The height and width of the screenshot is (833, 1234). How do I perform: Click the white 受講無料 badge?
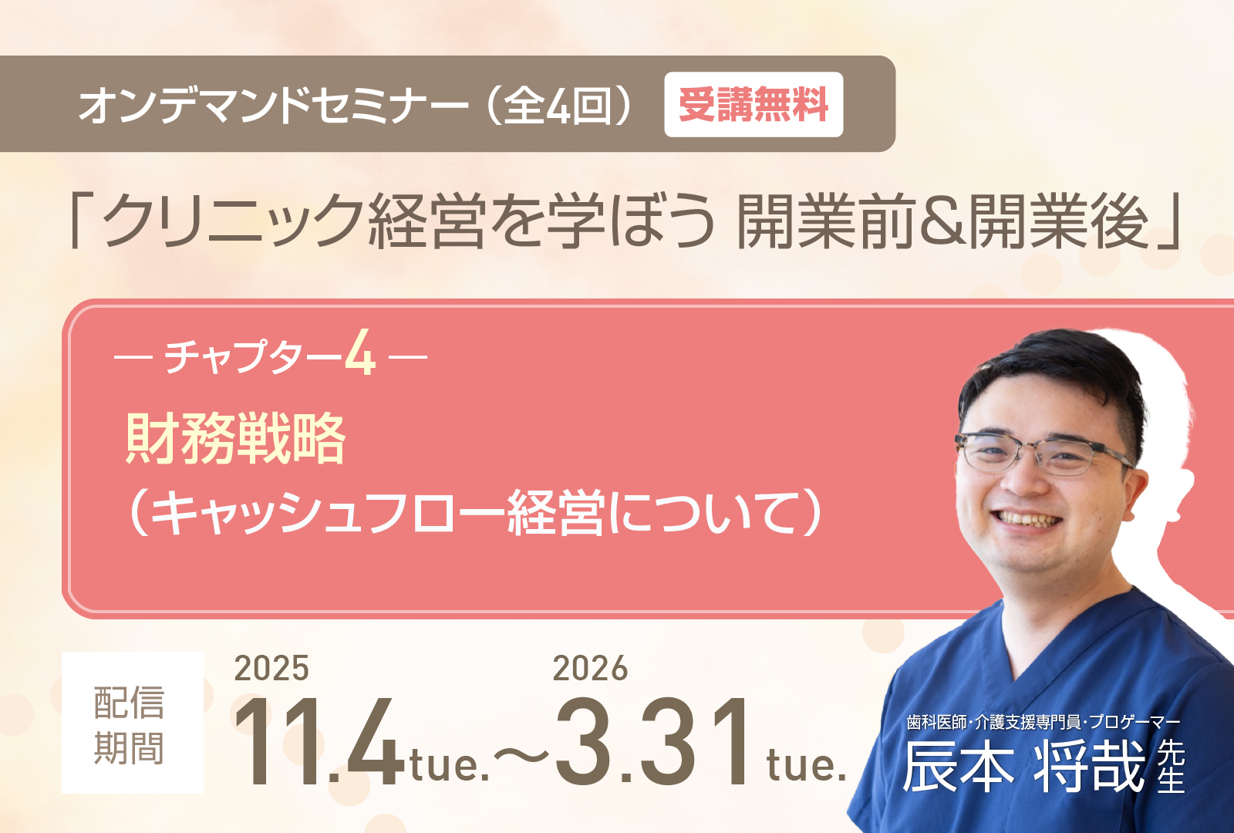coord(753,104)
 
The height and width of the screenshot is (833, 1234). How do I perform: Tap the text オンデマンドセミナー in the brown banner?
coord(274,105)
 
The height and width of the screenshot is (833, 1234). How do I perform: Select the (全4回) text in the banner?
coord(560,105)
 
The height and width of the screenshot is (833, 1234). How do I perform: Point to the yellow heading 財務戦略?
coord(236,439)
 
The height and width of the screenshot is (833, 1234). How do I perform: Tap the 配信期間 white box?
coord(132,723)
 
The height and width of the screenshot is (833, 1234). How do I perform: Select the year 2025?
coord(271,669)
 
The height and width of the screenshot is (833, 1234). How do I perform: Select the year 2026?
coord(590,669)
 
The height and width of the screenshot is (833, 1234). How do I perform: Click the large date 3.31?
coord(653,741)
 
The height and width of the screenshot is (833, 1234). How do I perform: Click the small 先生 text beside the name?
coord(1171,766)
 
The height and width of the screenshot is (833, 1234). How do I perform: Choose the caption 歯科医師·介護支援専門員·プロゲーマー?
coord(1044,722)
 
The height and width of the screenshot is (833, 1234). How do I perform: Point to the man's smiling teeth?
coord(1029,518)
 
